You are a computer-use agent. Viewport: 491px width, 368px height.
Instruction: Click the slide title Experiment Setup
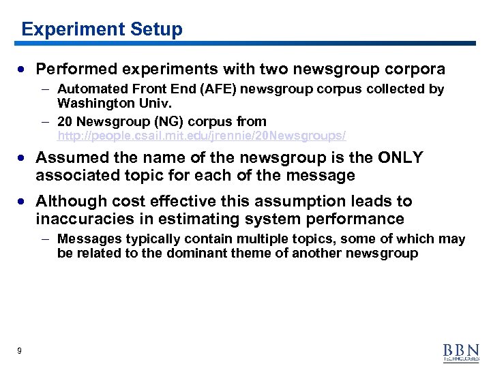pos(102,29)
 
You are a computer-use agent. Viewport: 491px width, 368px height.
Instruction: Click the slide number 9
pos(20,350)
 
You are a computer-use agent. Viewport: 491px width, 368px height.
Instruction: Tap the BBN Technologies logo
pos(461,351)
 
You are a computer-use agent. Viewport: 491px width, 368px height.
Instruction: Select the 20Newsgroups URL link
pos(202,136)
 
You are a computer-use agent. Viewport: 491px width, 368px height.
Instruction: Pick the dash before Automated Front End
pos(44,89)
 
